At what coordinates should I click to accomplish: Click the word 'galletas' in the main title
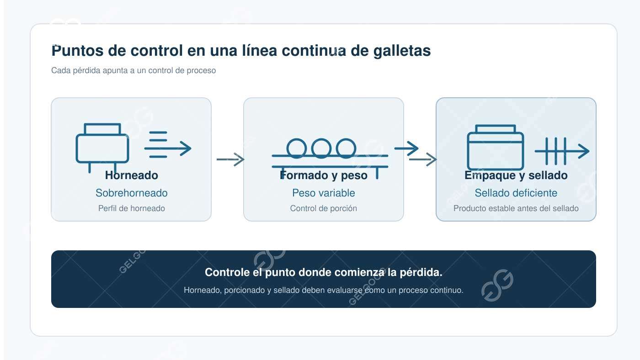[x=402, y=51]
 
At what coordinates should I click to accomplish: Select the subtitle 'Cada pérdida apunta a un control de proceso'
[x=133, y=70]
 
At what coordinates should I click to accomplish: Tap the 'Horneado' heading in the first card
[x=132, y=175]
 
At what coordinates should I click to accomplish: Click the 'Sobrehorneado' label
[x=132, y=193]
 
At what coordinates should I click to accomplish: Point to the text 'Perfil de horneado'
[x=132, y=208]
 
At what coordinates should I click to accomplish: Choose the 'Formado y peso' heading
[x=324, y=175]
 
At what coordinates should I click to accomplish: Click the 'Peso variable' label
[x=324, y=193]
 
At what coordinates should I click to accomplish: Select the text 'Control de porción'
[x=324, y=208]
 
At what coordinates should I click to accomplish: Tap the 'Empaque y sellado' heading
[x=516, y=175]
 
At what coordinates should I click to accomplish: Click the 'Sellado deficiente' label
[x=516, y=193]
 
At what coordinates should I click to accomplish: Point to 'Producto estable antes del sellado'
[x=516, y=208]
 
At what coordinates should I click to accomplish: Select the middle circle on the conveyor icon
[x=321, y=148]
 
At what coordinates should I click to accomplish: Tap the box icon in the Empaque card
[x=496, y=147]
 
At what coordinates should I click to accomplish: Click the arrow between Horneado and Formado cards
[x=230, y=159]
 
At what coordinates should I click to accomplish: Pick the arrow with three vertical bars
[x=562, y=151]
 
